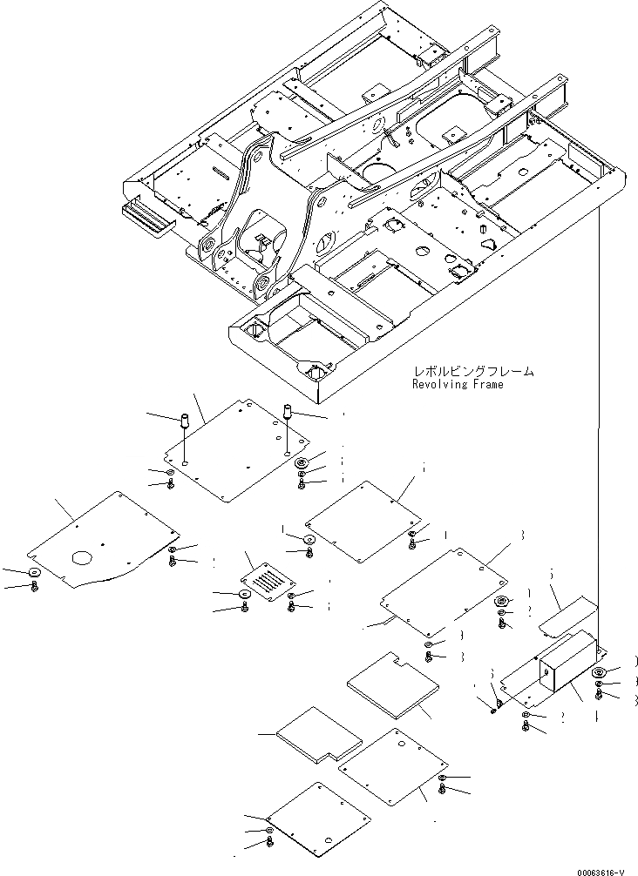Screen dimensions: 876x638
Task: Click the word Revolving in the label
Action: click(438, 384)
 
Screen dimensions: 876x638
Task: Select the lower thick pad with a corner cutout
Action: click(319, 735)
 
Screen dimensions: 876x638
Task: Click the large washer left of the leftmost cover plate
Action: click(34, 573)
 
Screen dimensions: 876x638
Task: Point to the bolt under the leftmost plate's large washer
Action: click(35, 589)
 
